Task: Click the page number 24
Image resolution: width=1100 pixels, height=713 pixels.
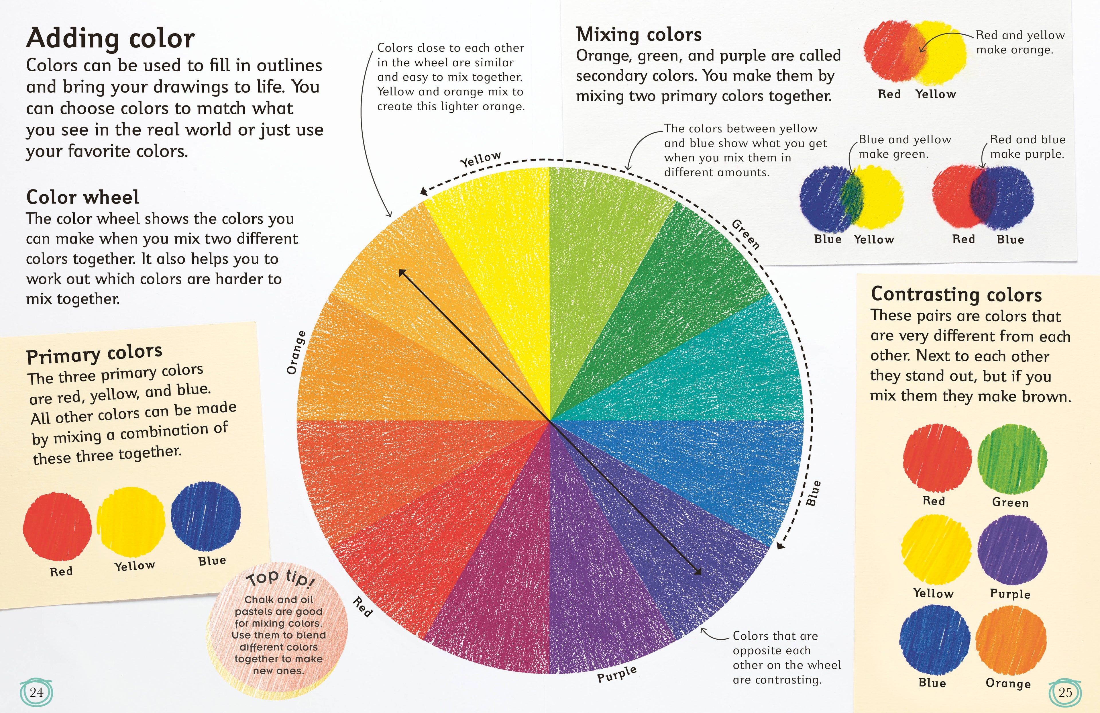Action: click(x=36, y=692)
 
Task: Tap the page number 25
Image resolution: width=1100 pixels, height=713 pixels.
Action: click(x=1065, y=692)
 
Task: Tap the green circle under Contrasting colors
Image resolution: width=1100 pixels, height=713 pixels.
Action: click(x=1012, y=458)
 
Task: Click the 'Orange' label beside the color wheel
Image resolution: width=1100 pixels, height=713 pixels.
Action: click(x=296, y=352)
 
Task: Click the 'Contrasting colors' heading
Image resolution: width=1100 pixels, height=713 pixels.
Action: click(x=956, y=294)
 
